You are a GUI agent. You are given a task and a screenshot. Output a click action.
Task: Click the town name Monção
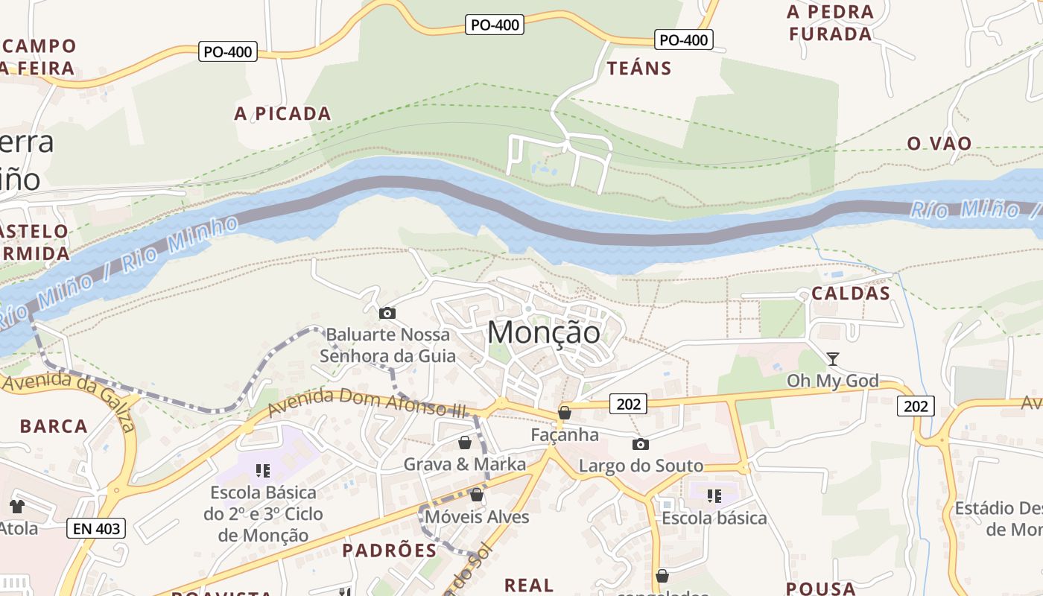click(544, 332)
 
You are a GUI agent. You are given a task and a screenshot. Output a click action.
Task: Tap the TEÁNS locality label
click(639, 69)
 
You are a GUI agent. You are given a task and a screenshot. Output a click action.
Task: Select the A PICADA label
click(282, 113)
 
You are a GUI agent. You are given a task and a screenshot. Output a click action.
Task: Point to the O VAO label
click(939, 143)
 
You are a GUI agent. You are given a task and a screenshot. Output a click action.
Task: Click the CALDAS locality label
click(851, 293)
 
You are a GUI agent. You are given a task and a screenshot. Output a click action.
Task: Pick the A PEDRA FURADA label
click(830, 23)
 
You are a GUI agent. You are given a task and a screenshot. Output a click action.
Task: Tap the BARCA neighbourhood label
click(54, 426)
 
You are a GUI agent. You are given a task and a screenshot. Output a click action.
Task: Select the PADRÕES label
click(389, 551)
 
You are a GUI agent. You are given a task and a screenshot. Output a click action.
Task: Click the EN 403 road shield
click(96, 529)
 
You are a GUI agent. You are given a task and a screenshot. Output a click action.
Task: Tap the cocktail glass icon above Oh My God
click(833, 359)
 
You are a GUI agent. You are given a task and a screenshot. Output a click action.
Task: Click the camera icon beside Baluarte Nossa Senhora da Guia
click(387, 314)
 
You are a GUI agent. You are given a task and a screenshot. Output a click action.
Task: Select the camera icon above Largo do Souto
click(640, 445)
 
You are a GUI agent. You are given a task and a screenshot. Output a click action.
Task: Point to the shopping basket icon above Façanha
click(565, 413)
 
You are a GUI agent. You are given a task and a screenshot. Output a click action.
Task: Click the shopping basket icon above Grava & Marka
click(465, 443)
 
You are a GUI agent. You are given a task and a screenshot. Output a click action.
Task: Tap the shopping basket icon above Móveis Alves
click(477, 495)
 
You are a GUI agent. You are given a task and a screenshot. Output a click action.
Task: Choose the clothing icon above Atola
click(17, 507)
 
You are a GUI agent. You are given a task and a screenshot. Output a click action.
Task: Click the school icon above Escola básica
click(714, 496)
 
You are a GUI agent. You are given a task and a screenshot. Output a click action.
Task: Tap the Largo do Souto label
click(641, 466)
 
